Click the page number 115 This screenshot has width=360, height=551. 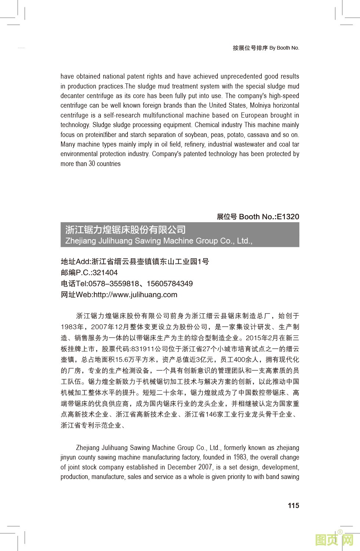coord(293,505)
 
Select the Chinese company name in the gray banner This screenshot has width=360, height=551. coord(126,230)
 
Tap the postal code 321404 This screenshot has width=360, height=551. coord(105,273)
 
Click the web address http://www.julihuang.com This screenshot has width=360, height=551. coord(135,295)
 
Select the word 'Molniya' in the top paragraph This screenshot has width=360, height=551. coord(260,105)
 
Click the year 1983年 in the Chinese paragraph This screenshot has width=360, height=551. coord(72,327)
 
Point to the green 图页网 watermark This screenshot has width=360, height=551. coord(334,540)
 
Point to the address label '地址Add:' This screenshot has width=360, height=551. coord(76,262)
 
